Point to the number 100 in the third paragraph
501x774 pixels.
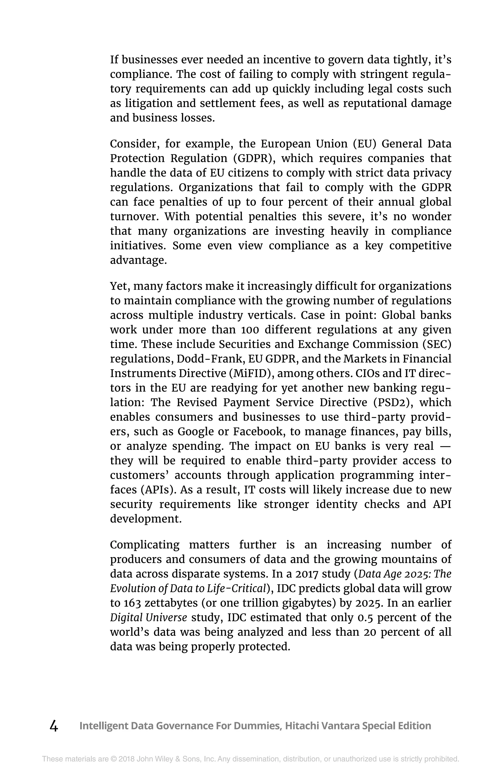(250, 330)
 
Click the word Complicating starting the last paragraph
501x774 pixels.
(145, 545)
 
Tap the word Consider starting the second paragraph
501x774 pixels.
(134, 144)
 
